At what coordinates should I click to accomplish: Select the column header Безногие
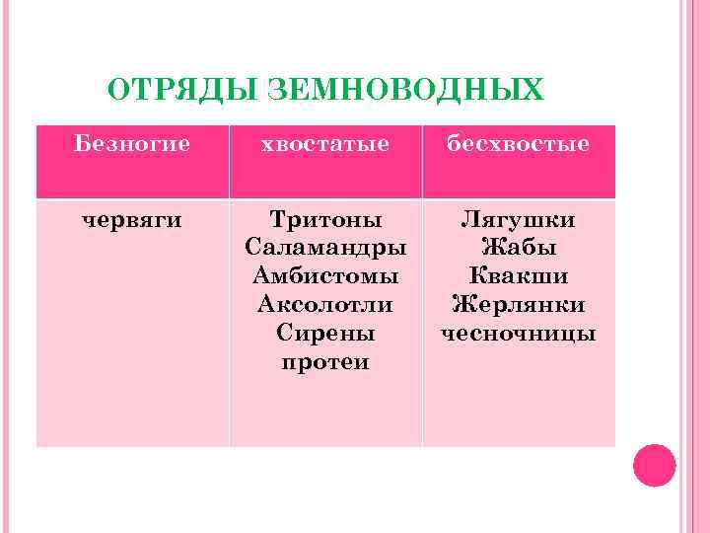click(x=132, y=144)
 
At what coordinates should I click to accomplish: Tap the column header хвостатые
click(x=324, y=144)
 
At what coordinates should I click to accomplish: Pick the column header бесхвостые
click(x=518, y=144)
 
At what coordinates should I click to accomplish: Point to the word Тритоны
click(x=324, y=219)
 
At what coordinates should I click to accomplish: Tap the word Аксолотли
click(x=324, y=305)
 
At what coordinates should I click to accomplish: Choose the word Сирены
click(x=324, y=334)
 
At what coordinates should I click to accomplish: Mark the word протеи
click(x=324, y=362)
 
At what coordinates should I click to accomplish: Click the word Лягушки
click(x=518, y=219)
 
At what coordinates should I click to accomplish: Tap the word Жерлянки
click(x=518, y=305)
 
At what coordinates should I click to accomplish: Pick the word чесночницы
click(x=518, y=334)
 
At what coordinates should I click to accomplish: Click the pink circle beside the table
click(x=654, y=465)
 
